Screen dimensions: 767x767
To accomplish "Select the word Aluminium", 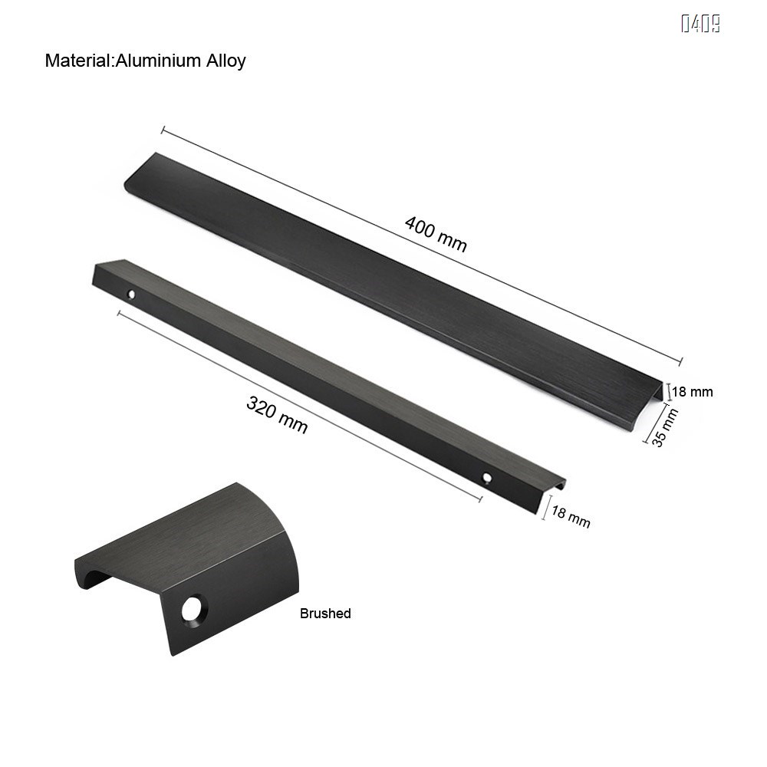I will pyautogui.click(x=158, y=61).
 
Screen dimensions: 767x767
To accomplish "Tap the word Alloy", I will pyautogui.click(x=225, y=61).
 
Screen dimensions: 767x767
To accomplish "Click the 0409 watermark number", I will pyautogui.click(x=700, y=25).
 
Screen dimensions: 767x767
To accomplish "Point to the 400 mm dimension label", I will pyautogui.click(x=436, y=234).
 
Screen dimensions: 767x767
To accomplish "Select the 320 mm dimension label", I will pyautogui.click(x=277, y=414).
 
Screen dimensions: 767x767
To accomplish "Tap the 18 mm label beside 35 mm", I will pyautogui.click(x=693, y=392).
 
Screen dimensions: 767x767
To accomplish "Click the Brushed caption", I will pyautogui.click(x=325, y=614).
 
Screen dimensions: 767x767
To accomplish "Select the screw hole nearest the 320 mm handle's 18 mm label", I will pyautogui.click(x=487, y=479).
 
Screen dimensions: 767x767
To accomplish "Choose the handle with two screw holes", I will pyautogui.click(x=322, y=376).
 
